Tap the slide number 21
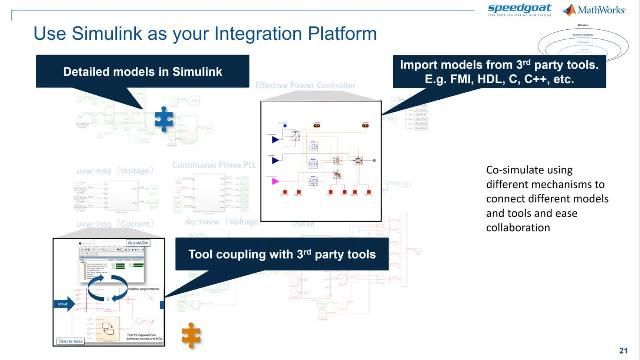(624, 349)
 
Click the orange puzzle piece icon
(190, 334)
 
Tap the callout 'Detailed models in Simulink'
(142, 72)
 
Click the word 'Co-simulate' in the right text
(500, 170)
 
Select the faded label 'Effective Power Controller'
(306, 87)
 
